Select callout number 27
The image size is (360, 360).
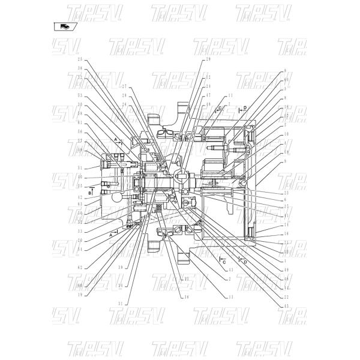click(125, 86)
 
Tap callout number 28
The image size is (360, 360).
click(125, 95)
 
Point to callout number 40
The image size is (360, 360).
click(80, 177)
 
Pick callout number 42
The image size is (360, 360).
click(80, 197)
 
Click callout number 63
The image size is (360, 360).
click(80, 205)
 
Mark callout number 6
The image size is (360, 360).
click(287, 199)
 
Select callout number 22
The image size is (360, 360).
click(287, 296)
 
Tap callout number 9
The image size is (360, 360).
click(287, 161)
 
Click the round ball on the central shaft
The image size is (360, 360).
click(185, 175)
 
